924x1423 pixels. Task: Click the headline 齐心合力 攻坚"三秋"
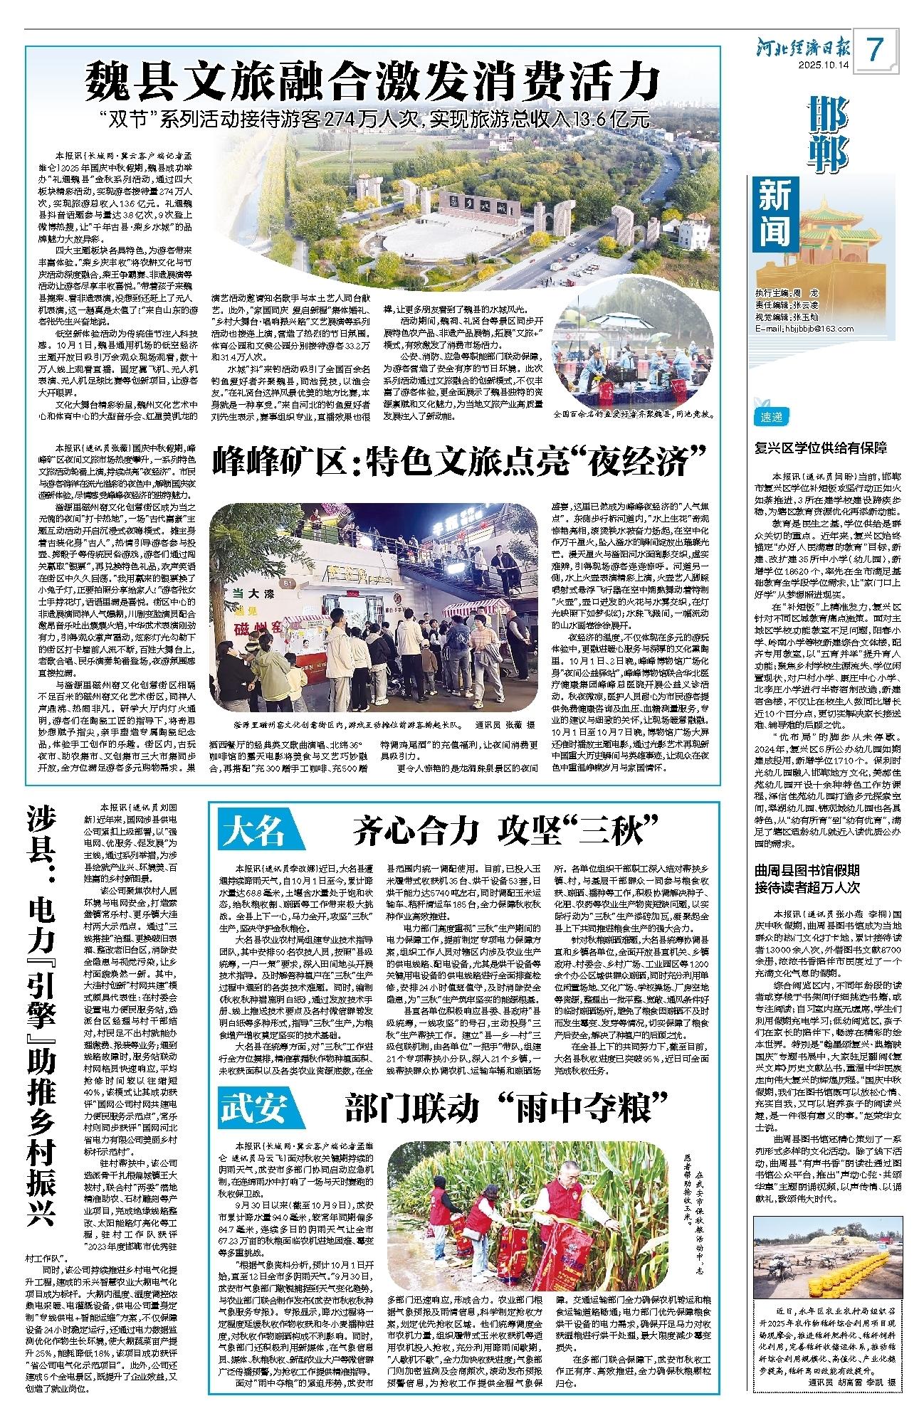(506, 830)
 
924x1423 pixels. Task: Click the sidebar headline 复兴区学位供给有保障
(821, 448)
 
